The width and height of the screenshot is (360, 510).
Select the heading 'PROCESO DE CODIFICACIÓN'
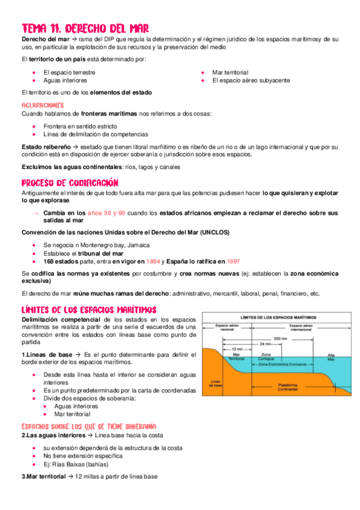click(70, 182)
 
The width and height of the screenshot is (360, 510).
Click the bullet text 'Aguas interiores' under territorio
click(65, 80)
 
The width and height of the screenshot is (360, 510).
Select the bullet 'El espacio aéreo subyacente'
click(251, 80)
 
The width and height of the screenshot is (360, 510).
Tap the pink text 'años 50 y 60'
click(106, 213)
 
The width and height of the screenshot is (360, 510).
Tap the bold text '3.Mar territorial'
click(42, 476)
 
